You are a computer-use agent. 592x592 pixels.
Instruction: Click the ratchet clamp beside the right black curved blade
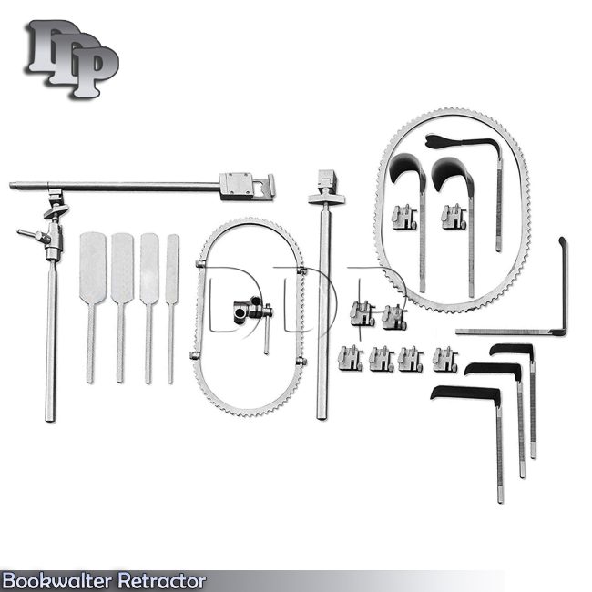pos(454,217)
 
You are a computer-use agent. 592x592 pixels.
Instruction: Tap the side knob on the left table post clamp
pos(26,236)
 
